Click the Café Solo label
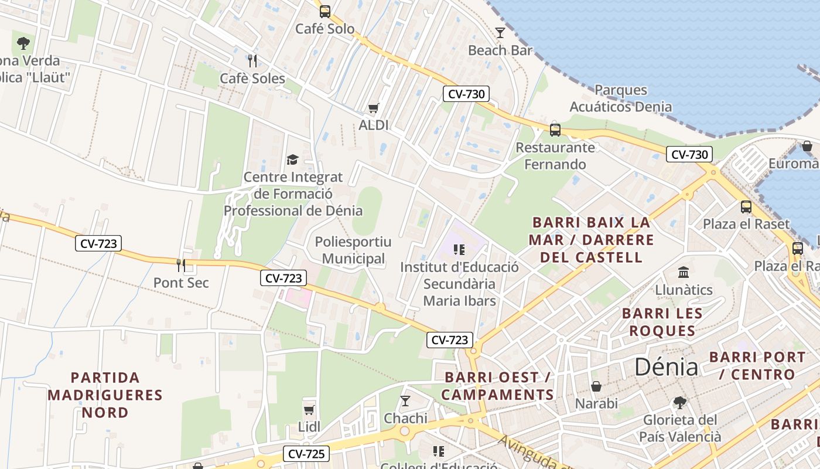point(325,29)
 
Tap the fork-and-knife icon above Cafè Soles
point(252,61)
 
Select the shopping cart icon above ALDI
point(373,108)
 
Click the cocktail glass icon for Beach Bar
point(500,33)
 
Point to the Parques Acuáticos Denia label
point(620,98)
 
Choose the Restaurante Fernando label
point(555,156)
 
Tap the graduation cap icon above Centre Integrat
point(292,159)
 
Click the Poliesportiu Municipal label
point(353,250)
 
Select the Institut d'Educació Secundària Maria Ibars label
point(459,284)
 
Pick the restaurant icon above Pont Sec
point(181,265)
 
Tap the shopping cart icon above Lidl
point(309,410)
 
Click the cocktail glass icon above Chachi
point(405,401)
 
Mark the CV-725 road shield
point(306,453)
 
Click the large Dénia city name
point(667,368)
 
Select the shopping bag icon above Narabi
point(596,386)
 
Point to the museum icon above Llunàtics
point(683,273)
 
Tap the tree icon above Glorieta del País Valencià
point(679,403)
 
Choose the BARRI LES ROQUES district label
point(662,322)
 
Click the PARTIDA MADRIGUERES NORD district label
point(105,395)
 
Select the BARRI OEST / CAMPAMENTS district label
point(497,386)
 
